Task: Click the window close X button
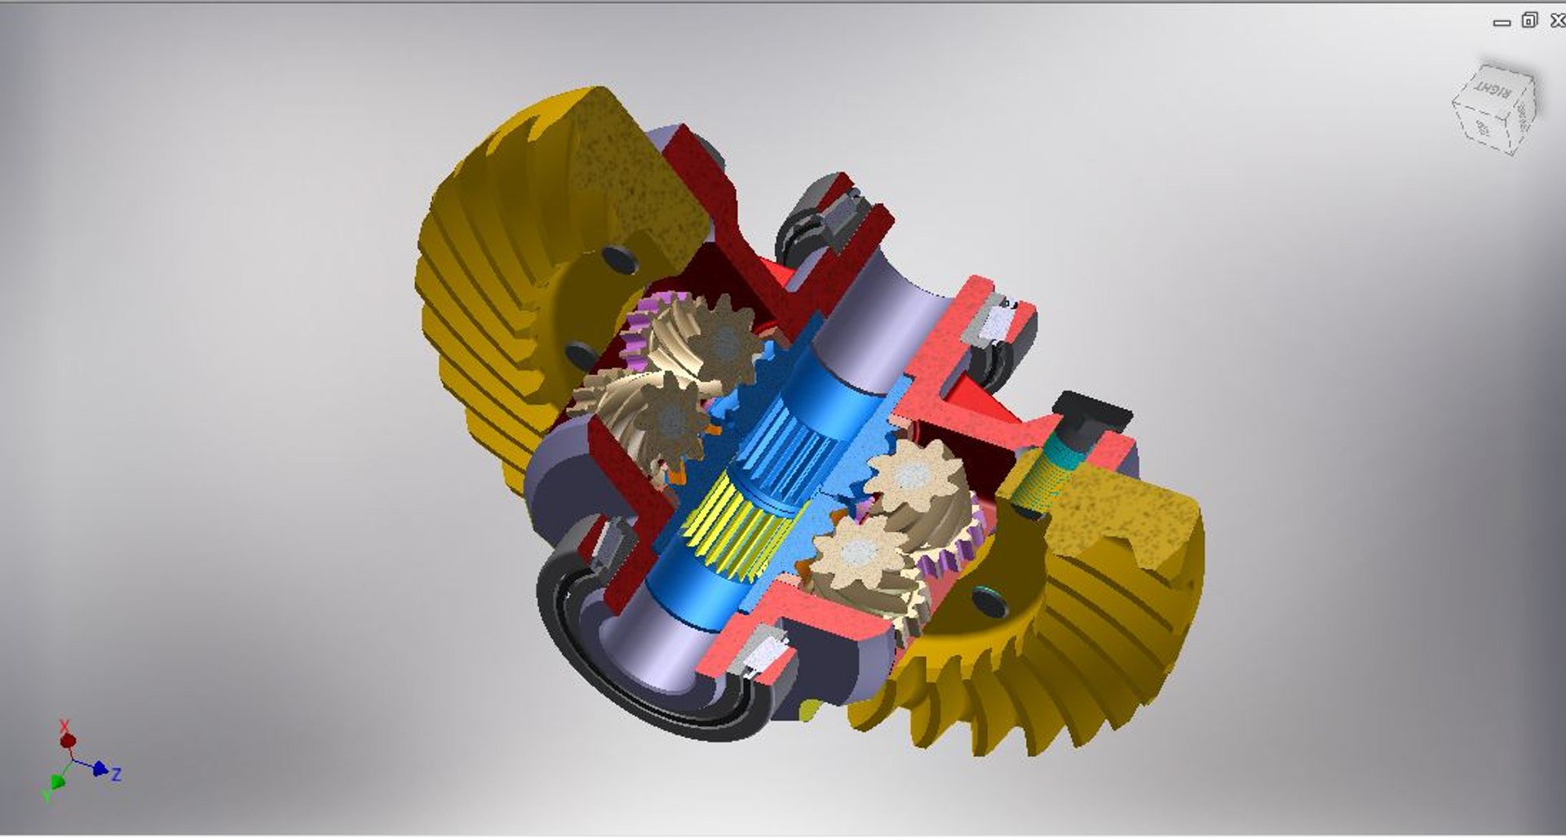(1557, 20)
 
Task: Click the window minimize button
(1502, 23)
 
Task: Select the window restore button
(1529, 20)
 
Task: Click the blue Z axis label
(117, 774)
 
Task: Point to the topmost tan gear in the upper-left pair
(722, 343)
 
